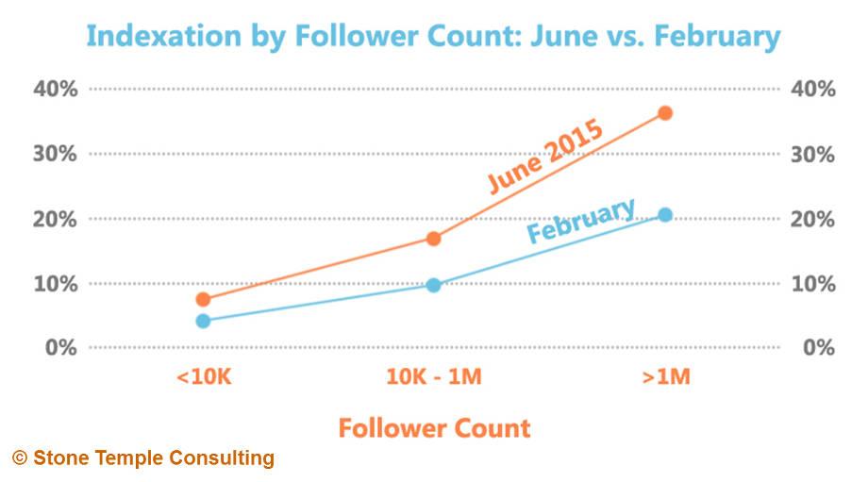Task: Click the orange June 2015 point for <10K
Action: tap(203, 300)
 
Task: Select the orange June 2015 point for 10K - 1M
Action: tap(434, 239)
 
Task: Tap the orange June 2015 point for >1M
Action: tap(665, 113)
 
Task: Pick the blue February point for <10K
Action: tap(203, 321)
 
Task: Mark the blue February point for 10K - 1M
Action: tap(434, 285)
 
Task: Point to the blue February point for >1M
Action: tap(665, 215)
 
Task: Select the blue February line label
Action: tap(580, 221)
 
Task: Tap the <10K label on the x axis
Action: tap(203, 378)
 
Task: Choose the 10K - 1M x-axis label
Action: tap(434, 378)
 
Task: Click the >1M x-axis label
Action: tap(666, 378)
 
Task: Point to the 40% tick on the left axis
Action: tap(57, 90)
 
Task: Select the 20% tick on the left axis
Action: tap(57, 219)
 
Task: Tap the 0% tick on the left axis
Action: tap(62, 348)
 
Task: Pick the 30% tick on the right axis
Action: tap(811, 154)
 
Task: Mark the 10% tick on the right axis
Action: tap(811, 283)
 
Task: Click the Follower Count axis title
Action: tap(434, 428)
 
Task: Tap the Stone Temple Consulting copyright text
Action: tap(143, 459)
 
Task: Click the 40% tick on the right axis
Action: tap(811, 90)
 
